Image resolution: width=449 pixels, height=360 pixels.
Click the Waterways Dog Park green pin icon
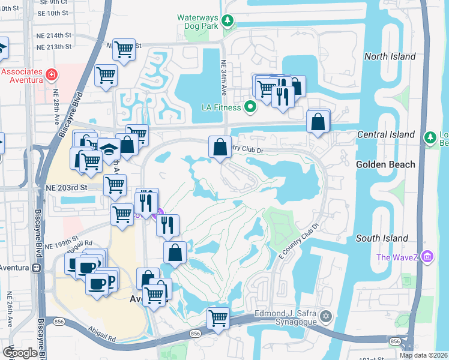tap(228, 22)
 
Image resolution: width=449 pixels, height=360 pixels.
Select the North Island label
tap(390, 56)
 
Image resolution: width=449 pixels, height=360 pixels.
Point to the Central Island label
tap(385, 134)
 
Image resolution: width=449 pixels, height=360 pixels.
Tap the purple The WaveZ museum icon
tap(427, 257)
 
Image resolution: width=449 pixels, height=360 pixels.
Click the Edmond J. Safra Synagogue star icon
tap(325, 316)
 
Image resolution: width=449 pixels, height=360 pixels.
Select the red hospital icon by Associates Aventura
tap(52, 76)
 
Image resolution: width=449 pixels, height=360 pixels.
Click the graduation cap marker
tap(108, 148)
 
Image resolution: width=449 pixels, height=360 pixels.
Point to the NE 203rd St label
tap(67, 187)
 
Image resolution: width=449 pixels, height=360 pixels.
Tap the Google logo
tap(20, 353)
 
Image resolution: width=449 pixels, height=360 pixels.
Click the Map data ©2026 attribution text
tap(424, 355)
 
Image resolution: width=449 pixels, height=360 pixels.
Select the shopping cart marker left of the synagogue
tap(218, 318)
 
